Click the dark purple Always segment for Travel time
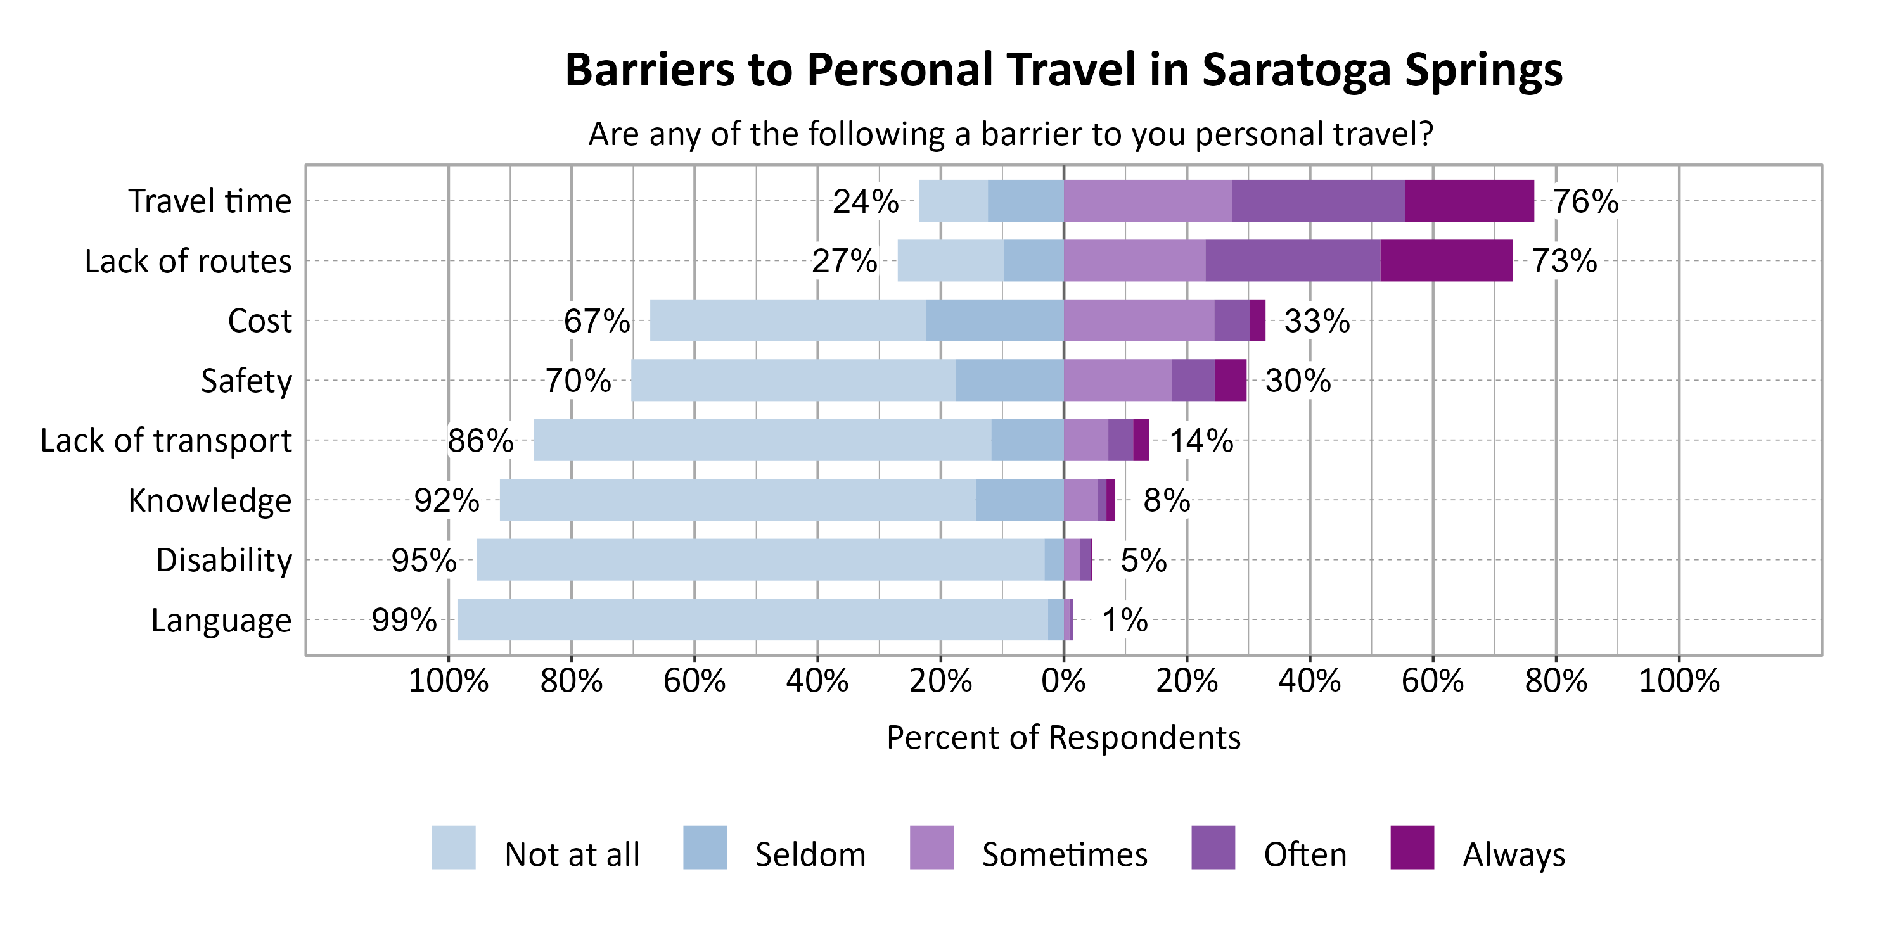pos(1469,201)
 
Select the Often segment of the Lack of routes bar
pos(1292,260)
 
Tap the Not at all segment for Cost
pos(788,320)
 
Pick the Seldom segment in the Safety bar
pos(1009,380)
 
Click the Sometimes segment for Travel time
pos(1147,201)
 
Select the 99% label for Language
pos(404,619)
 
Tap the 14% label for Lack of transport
pos(1201,440)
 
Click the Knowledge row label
pos(210,500)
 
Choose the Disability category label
pos(224,560)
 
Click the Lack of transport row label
pos(166,440)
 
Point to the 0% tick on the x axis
pos(1063,680)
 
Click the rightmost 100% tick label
pos(1679,680)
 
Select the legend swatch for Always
pos(1412,847)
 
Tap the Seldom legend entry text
pos(810,854)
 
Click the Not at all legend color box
pos(453,847)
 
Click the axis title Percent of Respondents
pos(1063,737)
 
